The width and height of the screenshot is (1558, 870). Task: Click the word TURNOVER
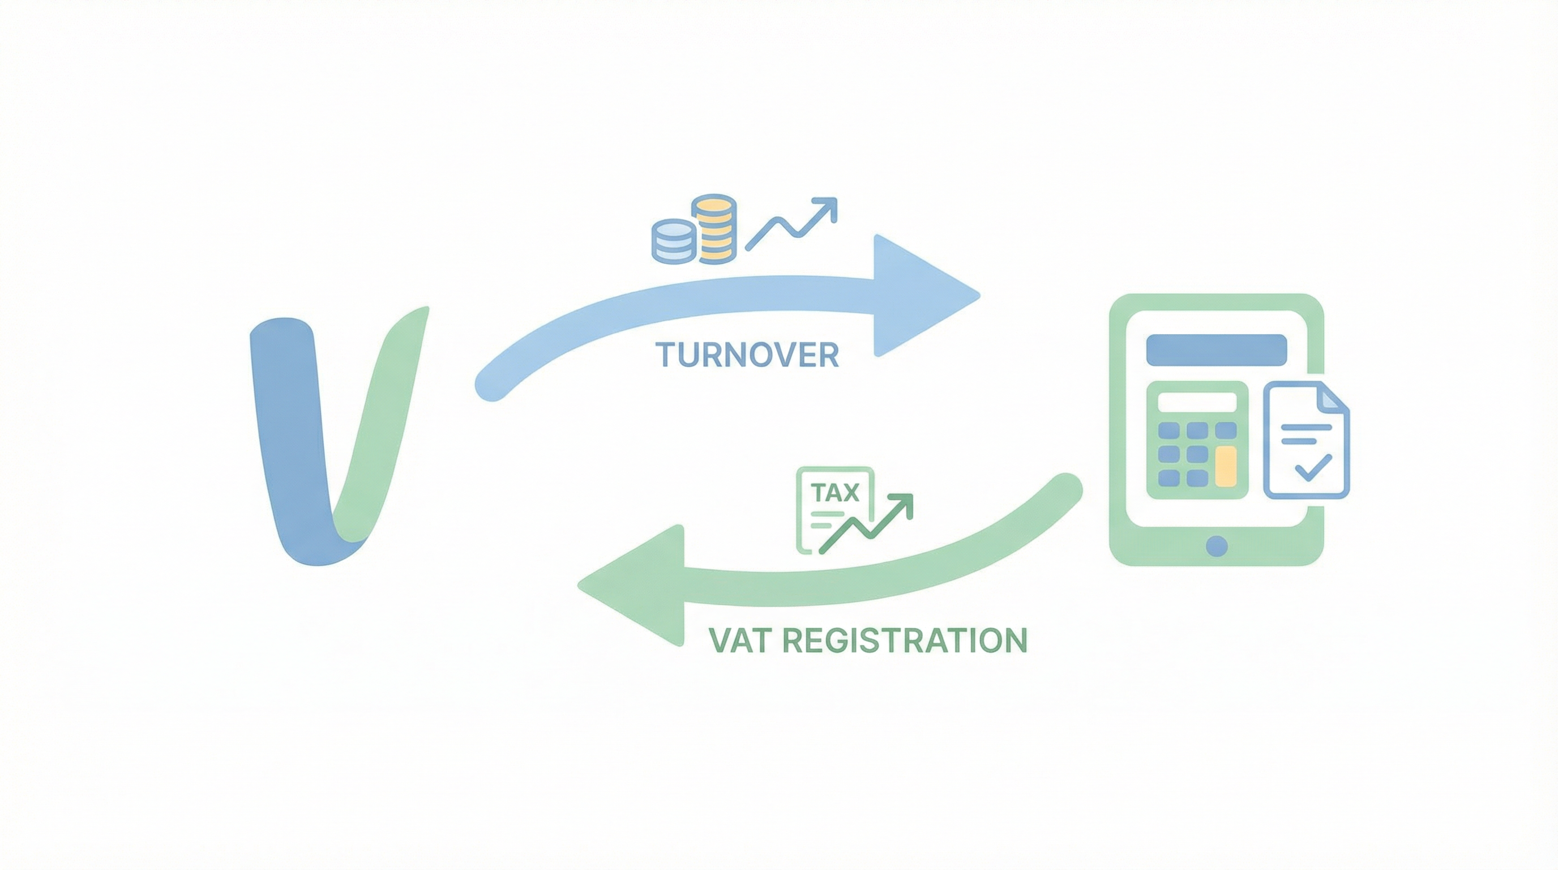pos(747,355)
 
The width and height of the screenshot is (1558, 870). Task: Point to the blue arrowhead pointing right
pos(919,296)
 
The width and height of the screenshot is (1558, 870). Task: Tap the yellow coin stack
pos(715,229)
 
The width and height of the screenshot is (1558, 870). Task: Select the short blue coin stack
pos(672,241)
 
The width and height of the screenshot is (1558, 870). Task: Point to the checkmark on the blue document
pos(1312,467)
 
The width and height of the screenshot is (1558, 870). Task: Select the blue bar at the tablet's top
pos(1216,349)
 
